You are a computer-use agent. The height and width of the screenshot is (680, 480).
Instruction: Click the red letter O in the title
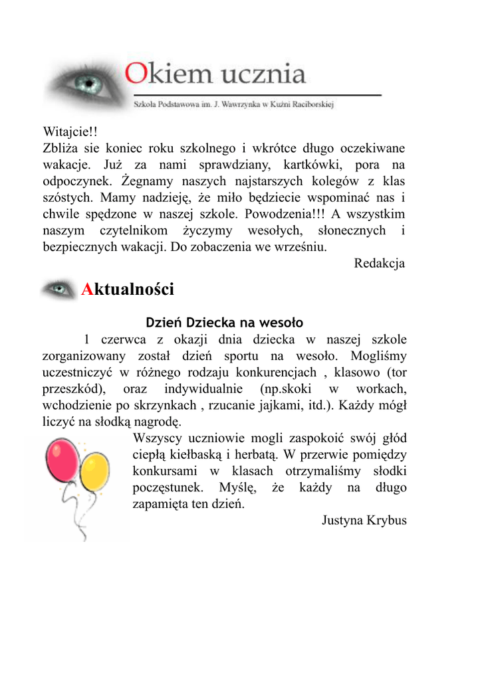pos(137,73)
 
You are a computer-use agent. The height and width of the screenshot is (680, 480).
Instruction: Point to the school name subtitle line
pos(233,104)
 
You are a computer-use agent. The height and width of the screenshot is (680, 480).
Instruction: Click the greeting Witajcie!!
pos(70,131)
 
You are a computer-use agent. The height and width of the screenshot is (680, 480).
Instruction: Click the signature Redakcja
pos(379,264)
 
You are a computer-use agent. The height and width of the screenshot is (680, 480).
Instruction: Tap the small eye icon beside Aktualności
pos(59,290)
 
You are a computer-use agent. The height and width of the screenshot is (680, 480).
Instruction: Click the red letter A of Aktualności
pos(86,290)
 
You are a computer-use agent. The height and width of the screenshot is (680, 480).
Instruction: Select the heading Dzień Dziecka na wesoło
pos(224,323)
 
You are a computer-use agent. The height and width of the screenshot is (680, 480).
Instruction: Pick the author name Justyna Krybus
pos(364,520)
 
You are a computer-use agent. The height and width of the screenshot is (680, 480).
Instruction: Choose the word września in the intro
pos(303,248)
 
